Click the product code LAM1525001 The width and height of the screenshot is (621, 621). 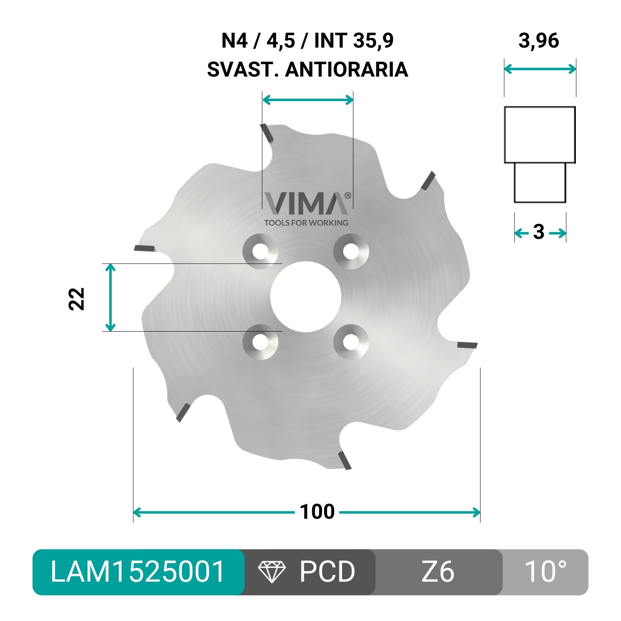pyautogui.click(x=137, y=572)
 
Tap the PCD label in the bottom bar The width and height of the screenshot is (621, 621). pyautogui.click(x=327, y=572)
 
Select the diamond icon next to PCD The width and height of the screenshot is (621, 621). pyautogui.click(x=272, y=572)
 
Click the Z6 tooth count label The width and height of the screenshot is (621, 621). pyautogui.click(x=438, y=572)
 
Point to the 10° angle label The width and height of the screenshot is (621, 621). pyautogui.click(x=545, y=572)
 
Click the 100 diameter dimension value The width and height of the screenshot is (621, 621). pyautogui.click(x=317, y=512)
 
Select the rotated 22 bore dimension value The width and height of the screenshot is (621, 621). pyautogui.click(x=76, y=298)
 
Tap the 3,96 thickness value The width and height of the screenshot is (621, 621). pyautogui.click(x=539, y=41)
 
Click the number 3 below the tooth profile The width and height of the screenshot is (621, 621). pyautogui.click(x=539, y=232)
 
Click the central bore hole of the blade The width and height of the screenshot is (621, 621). pyautogui.click(x=306, y=296)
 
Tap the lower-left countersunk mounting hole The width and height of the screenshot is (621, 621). pyautogui.click(x=260, y=342)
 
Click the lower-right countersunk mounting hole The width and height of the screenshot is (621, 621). pyautogui.click(x=351, y=342)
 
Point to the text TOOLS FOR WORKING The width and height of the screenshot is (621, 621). pyautogui.click(x=306, y=223)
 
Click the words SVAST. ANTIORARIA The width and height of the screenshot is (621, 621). pyautogui.click(x=307, y=70)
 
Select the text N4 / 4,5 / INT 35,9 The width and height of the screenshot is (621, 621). pyautogui.click(x=307, y=41)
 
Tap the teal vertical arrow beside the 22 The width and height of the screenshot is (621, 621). pyautogui.click(x=110, y=297)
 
